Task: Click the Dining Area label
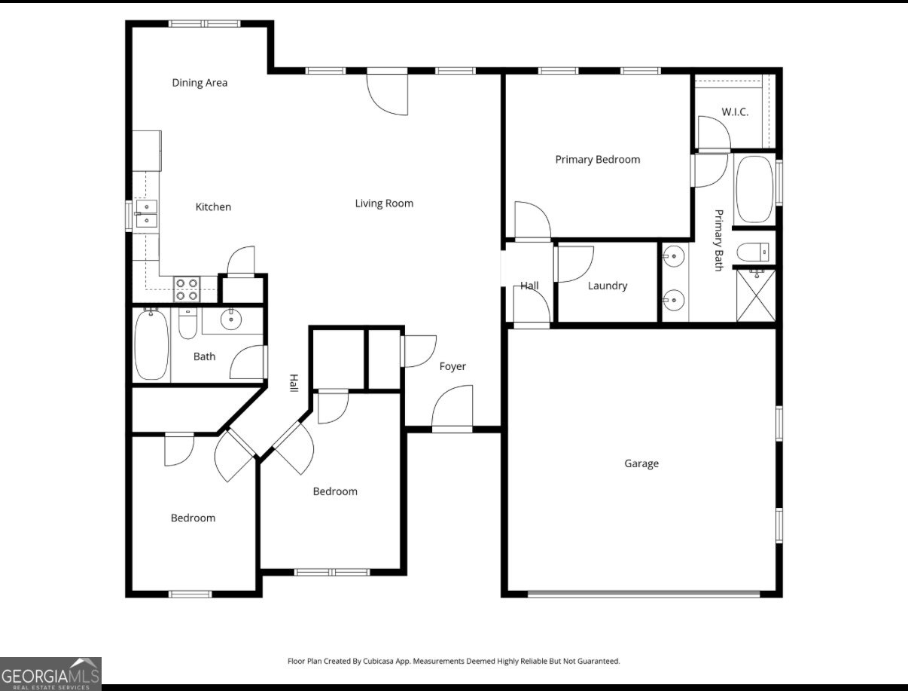tap(200, 83)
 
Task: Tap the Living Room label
tap(384, 203)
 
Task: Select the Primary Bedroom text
tap(598, 160)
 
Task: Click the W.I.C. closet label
tap(735, 112)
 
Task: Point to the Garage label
tap(641, 463)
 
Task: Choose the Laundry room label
tap(608, 286)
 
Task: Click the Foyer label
tap(452, 366)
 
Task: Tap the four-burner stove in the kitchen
tap(187, 289)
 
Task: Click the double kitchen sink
tap(146, 214)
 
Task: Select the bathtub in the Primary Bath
tap(755, 190)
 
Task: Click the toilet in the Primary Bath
tap(753, 252)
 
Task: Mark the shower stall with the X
tap(756, 295)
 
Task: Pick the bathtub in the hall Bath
tap(152, 345)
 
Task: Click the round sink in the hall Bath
tap(231, 319)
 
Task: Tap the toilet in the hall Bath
tap(187, 323)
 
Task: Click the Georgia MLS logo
tap(50, 674)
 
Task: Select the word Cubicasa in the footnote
tap(378, 661)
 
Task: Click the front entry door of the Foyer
tap(452, 409)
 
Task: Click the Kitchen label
tap(213, 207)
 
